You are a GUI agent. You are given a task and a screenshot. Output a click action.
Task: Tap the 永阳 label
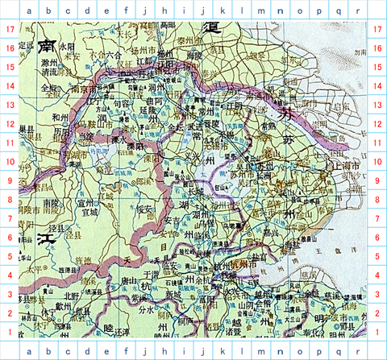tap(66, 48)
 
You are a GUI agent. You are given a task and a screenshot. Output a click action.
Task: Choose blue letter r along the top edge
tap(356, 10)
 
